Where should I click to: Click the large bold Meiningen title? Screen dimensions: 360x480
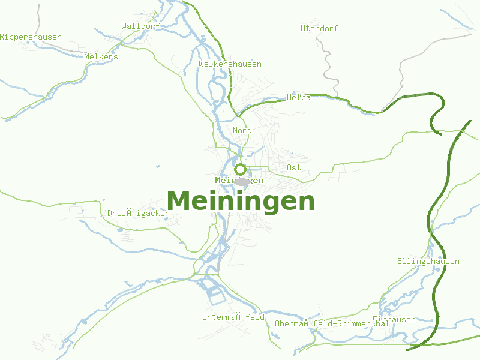click(241, 201)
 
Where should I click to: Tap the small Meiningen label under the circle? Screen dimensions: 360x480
click(239, 181)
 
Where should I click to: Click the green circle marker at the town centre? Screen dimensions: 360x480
click(240, 169)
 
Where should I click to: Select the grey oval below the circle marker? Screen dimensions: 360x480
click(242, 182)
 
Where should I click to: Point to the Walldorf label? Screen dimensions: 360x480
click(140, 26)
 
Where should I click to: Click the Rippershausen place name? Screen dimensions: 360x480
click(31, 37)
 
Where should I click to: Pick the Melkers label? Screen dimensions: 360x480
click(101, 57)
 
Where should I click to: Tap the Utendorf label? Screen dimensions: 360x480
click(319, 28)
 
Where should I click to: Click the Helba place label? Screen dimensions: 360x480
click(299, 98)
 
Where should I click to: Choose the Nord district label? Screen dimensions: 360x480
click(242, 131)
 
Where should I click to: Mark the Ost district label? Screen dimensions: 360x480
click(293, 168)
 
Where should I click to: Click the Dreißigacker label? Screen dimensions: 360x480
click(138, 213)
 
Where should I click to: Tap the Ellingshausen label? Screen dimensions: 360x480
click(428, 262)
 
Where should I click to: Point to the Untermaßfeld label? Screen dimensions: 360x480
click(233, 317)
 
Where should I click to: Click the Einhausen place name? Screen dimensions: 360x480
click(394, 320)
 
